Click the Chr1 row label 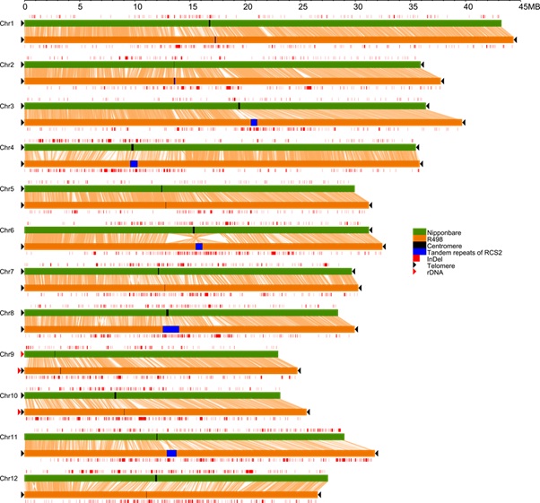click(7, 23)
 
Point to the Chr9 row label click(7, 354)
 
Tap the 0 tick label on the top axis click(24, 6)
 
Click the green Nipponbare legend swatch click(417, 232)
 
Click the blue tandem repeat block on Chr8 click(170, 329)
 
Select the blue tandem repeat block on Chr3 click(254, 122)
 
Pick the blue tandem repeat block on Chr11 click(171, 454)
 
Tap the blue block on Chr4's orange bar click(134, 163)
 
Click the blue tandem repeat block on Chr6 click(198, 246)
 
